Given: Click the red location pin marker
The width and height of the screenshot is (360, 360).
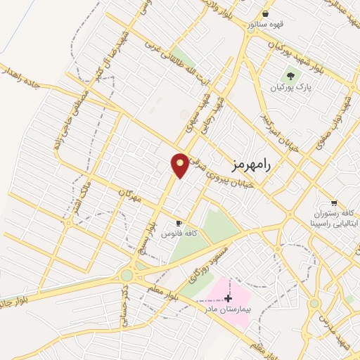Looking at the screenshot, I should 180,165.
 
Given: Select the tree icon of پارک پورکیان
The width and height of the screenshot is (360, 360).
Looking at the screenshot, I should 289,75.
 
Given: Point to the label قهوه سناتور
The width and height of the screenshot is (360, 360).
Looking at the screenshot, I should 264,25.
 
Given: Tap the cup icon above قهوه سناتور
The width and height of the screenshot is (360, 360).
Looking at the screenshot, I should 265,13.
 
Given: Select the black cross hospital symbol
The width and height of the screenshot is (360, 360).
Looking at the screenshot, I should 228,298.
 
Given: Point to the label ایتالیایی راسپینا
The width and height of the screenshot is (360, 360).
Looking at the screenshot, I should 335,222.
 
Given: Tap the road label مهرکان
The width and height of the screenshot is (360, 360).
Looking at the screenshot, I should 130,195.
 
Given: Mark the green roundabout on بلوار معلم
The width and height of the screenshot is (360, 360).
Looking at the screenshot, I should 127,275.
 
